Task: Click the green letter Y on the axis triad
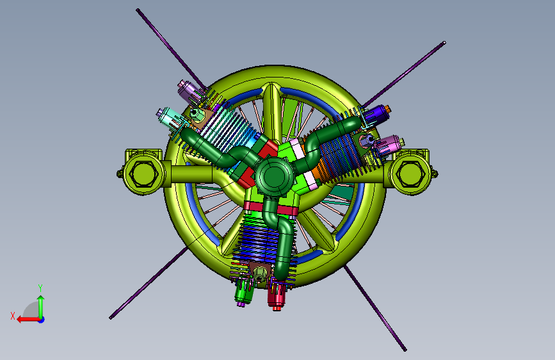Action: coord(40,288)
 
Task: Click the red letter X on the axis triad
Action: coord(13,316)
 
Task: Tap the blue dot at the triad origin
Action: coord(42,320)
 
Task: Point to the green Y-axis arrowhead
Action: coord(41,299)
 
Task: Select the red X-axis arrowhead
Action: coord(20,320)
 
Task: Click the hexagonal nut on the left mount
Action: coord(143,174)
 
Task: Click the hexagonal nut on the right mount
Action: coord(410,174)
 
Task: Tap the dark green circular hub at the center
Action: coord(273,176)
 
